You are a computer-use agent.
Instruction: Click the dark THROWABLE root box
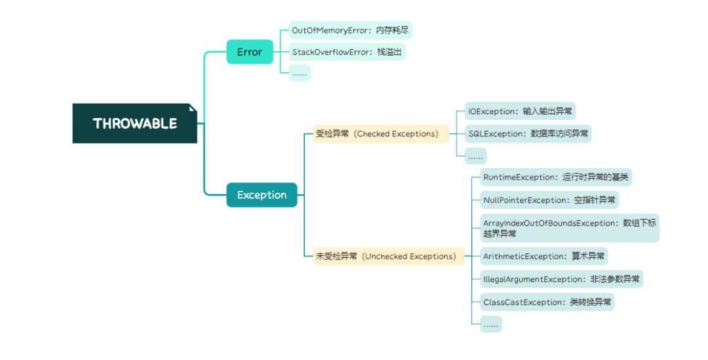click(134, 123)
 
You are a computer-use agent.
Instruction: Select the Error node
click(249, 52)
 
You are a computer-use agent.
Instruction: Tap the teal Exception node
click(262, 195)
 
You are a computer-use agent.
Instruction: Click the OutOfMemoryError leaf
click(351, 30)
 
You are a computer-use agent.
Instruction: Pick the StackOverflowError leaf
click(347, 52)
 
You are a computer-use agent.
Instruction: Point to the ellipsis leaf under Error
click(300, 73)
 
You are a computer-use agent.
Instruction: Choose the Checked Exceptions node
click(381, 134)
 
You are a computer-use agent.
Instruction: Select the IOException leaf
click(519, 111)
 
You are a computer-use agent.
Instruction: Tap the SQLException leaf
click(528, 134)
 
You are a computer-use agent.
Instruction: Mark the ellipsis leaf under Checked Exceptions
click(475, 156)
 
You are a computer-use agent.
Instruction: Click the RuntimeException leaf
click(555, 177)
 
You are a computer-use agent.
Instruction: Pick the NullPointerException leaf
click(549, 200)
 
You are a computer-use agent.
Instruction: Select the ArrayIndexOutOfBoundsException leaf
click(568, 228)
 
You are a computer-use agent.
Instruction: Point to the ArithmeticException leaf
click(544, 256)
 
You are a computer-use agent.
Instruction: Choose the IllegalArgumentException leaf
click(561, 279)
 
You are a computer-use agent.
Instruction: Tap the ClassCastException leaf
click(547, 302)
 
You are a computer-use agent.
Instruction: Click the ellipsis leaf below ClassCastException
click(491, 324)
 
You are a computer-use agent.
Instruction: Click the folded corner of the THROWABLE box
click(193, 108)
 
